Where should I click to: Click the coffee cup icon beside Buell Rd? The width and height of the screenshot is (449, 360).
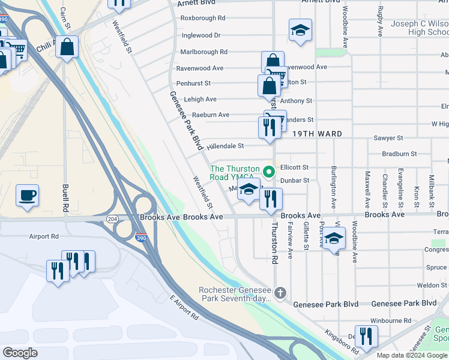(x=27, y=196)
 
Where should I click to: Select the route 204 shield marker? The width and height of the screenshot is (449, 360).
(x=112, y=220)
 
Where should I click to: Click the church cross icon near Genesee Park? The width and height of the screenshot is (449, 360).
(x=280, y=293)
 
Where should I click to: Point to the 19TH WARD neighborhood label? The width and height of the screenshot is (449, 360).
(x=318, y=134)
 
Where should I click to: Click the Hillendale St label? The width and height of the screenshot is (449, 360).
(x=225, y=146)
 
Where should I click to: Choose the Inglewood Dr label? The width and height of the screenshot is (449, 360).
(x=201, y=35)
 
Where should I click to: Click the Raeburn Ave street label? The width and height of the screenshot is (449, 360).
(x=211, y=115)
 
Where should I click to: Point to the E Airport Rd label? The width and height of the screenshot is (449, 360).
(x=184, y=307)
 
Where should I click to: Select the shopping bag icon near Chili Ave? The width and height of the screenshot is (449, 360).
(x=67, y=46)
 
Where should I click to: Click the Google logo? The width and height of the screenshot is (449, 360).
(x=20, y=352)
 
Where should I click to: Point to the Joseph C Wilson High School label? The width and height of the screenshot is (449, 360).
(x=420, y=28)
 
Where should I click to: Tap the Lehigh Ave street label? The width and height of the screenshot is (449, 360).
(x=200, y=99)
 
